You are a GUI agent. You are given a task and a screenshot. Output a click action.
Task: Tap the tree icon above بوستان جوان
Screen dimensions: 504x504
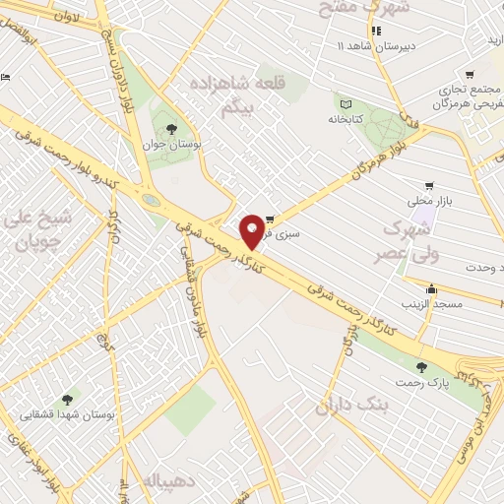point(172,128)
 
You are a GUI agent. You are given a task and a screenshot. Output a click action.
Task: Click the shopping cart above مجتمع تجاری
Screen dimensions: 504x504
point(470,73)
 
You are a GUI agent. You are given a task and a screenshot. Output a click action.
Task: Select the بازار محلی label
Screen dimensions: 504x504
point(431,200)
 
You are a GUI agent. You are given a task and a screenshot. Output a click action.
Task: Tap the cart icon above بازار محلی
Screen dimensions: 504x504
point(429,185)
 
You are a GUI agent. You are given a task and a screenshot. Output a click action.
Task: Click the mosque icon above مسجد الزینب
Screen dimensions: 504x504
point(432,289)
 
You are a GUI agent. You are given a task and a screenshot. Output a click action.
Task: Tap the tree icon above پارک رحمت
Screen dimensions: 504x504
point(421,366)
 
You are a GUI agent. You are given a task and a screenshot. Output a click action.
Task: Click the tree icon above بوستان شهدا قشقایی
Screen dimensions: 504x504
point(67,400)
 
